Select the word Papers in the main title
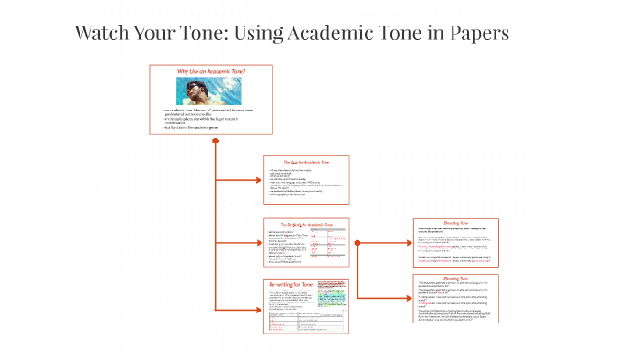(476, 34)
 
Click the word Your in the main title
(165, 34)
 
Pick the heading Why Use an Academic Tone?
(211, 71)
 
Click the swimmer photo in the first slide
(211, 90)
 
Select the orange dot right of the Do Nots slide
(357, 242)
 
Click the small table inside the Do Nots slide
(326, 245)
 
